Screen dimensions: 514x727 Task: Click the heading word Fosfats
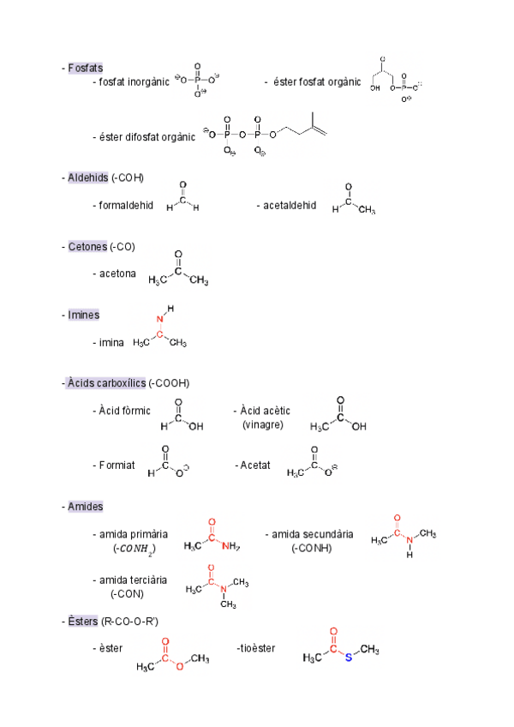tap(86, 68)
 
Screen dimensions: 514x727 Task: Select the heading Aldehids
tap(88, 177)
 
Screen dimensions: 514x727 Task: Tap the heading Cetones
tap(87, 247)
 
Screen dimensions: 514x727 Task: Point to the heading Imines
tap(84, 315)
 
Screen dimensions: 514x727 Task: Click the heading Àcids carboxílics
tap(106, 382)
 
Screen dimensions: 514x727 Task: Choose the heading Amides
tap(86, 507)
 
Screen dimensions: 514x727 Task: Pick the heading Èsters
tap(83, 621)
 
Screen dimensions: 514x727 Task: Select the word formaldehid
tap(126, 206)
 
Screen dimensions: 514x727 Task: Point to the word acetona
tap(117, 273)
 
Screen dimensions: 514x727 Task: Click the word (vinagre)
tap(263, 425)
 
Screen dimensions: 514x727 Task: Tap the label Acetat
tap(255, 466)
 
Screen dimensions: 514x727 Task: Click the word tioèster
tap(257, 648)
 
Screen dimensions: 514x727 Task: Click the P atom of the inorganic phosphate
tap(197, 79)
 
